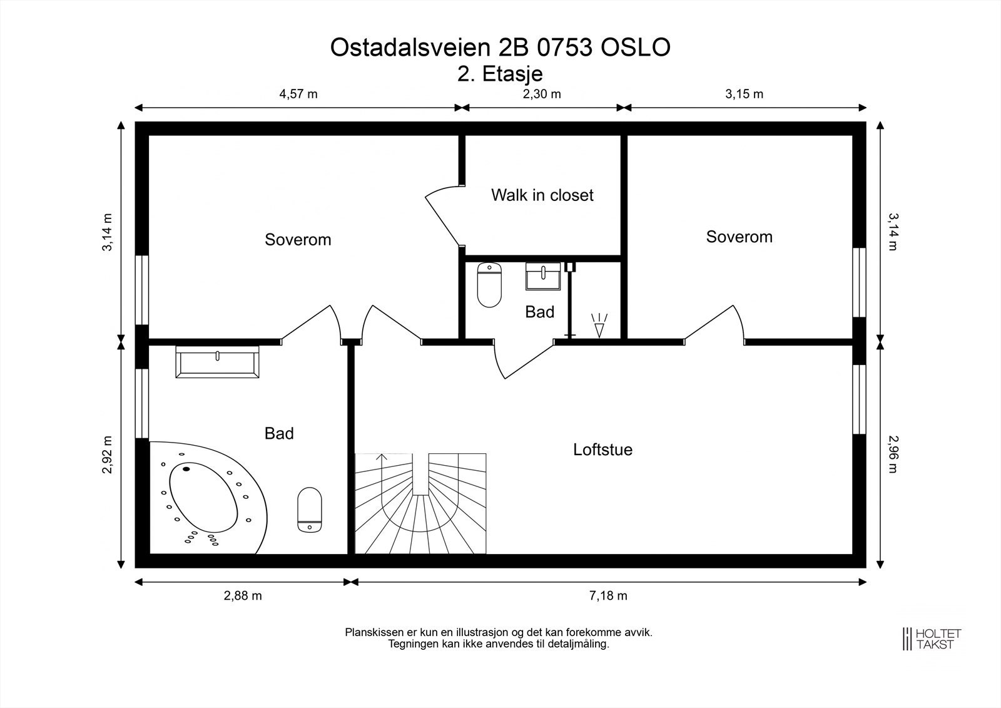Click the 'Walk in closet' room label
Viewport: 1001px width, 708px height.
542,195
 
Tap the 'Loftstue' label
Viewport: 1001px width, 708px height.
602,449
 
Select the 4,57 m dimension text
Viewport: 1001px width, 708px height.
298,95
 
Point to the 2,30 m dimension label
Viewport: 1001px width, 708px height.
541,95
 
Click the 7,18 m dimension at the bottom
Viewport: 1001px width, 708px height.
607,595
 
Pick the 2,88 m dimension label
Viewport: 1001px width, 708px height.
243,595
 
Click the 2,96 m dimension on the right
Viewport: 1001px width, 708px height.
892,454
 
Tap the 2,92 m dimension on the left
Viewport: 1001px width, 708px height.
108,454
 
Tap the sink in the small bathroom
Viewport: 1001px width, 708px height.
543,277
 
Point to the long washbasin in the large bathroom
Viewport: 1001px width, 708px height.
217,362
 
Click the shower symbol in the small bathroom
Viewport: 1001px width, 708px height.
599,324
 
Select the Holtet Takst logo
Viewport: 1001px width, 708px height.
931,638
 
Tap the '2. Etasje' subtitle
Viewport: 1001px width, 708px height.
500,74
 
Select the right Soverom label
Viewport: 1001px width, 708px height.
739,237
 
